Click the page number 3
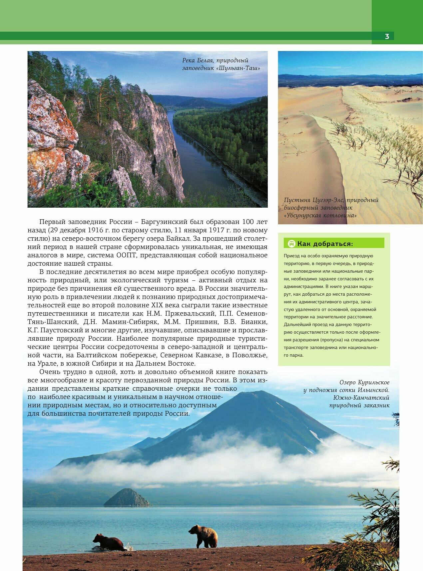point(387,36)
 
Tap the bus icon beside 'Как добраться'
point(291,244)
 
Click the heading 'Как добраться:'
point(325,244)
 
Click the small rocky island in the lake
point(127,498)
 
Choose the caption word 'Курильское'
point(373,382)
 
